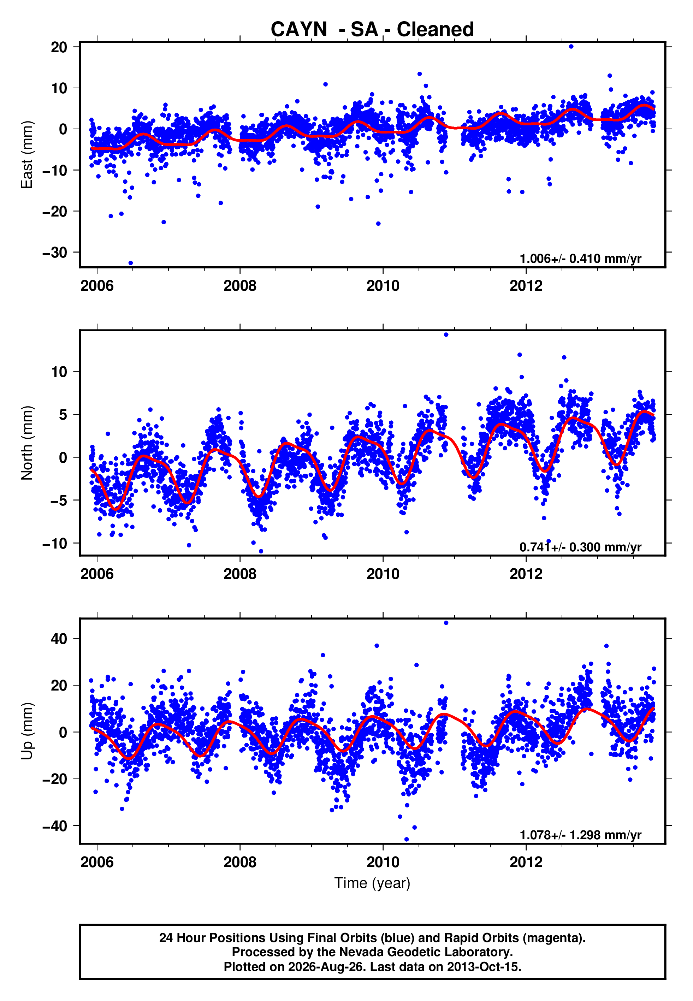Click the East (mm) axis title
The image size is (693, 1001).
click(27, 155)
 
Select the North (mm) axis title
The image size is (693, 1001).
click(27, 443)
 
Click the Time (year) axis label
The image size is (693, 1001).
click(372, 883)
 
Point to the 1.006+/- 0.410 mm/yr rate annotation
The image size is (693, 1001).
click(581, 259)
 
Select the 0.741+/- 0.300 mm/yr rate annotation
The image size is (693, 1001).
click(581, 547)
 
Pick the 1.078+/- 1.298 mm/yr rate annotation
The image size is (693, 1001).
click(581, 835)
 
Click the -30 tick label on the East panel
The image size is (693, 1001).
click(55, 252)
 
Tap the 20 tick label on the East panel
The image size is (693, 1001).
click(59, 47)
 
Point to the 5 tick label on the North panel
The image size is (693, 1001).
click(63, 415)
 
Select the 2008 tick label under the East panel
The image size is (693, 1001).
click(240, 286)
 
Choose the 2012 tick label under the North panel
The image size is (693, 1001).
click(526, 574)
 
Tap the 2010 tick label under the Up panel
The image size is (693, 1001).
click(383, 862)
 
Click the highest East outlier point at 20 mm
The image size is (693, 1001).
click(571, 46)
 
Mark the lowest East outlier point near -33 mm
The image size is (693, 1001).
click(131, 263)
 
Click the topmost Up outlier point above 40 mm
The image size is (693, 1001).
click(446, 623)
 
